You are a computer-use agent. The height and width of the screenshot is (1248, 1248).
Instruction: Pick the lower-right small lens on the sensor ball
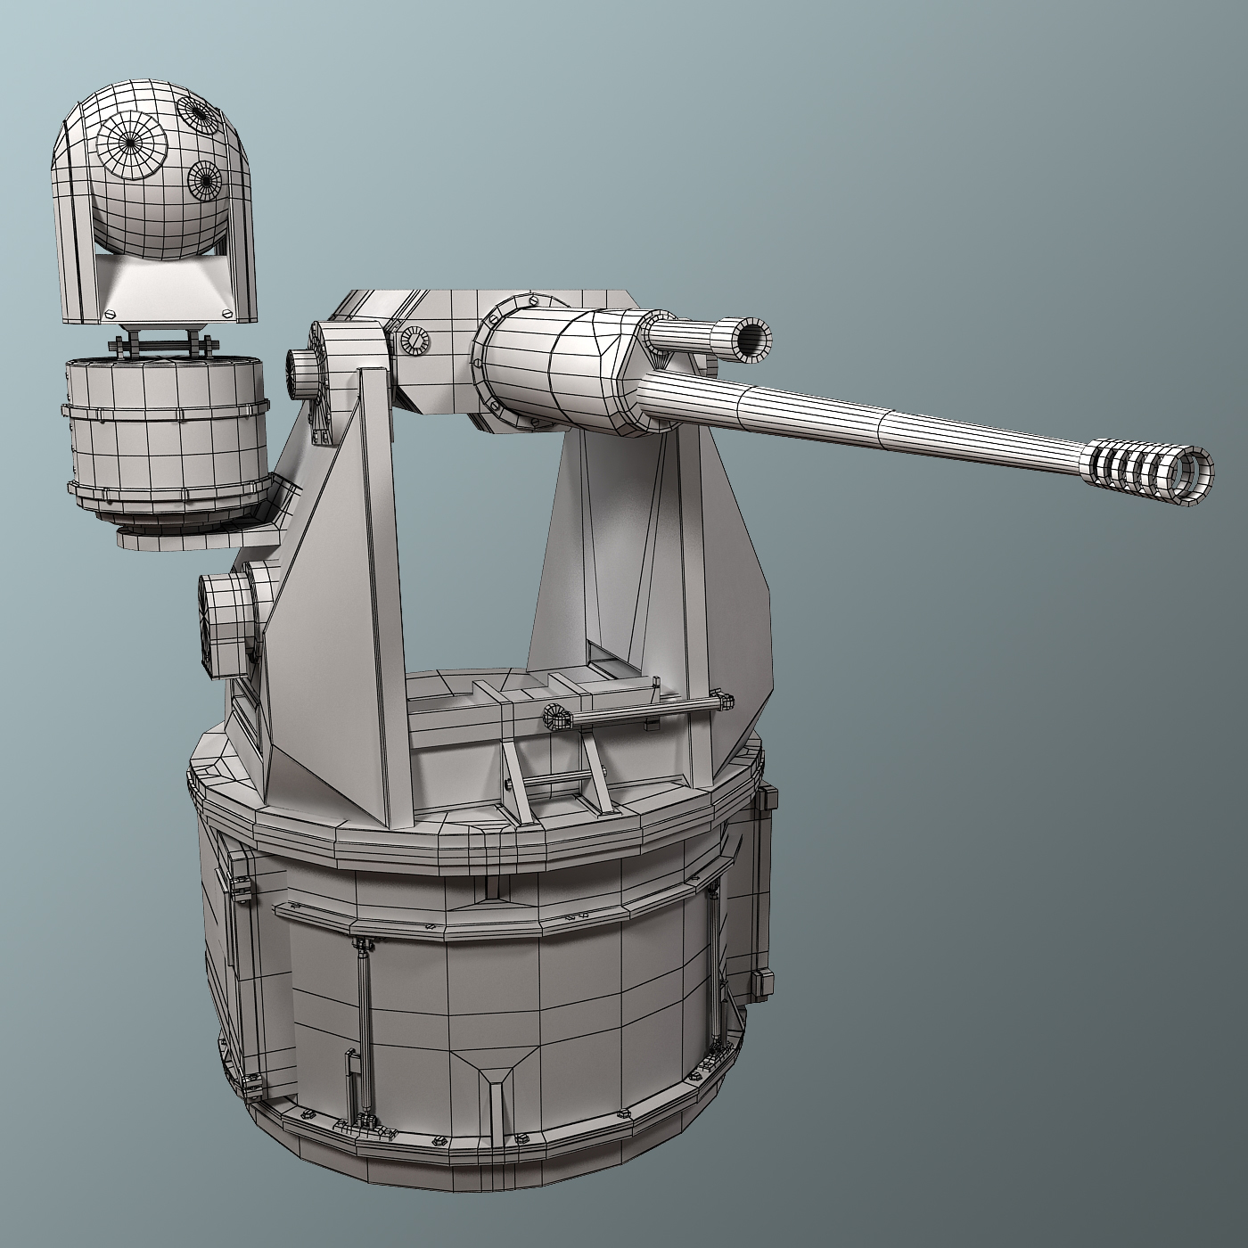205,181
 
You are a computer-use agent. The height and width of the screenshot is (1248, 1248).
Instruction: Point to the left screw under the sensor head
111,313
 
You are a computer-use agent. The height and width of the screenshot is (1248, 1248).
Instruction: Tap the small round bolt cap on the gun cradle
414,341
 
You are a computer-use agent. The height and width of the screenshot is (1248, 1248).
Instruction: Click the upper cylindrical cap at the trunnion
303,370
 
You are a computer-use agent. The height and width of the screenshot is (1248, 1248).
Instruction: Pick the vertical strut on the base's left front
364,989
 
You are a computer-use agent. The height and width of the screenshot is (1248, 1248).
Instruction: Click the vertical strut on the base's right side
713,963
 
